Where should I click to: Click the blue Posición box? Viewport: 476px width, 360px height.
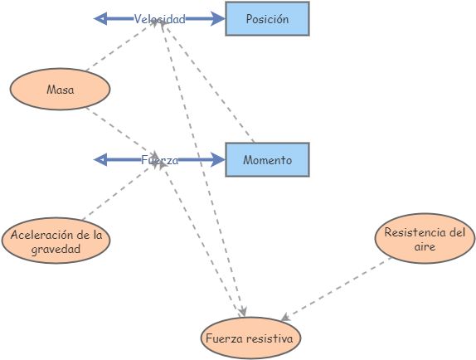pos(267,19)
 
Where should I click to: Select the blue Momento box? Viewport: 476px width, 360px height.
pos(267,160)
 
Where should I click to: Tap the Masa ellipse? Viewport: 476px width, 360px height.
pos(60,90)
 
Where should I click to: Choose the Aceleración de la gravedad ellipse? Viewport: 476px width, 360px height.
pos(56,241)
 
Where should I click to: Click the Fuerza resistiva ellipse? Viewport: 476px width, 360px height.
pos(251,338)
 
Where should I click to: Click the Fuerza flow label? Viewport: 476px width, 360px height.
pos(159,160)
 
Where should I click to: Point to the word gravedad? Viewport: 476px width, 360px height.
pos(56,248)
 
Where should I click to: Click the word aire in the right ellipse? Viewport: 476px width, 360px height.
pos(425,247)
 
